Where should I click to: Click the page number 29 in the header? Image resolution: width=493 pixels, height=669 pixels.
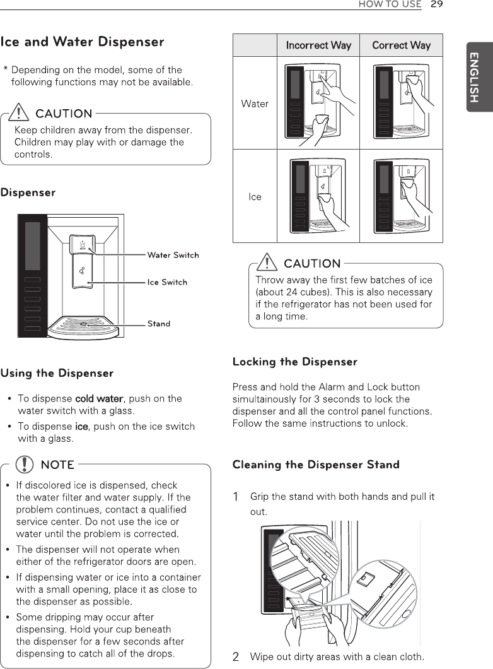pos(436,4)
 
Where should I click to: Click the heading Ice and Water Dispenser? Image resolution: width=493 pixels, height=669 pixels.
pos(83,42)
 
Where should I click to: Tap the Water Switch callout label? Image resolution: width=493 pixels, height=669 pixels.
pos(173,255)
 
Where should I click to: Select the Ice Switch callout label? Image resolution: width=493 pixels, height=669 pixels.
pos(167,282)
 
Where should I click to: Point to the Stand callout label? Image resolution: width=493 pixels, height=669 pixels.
pos(159,324)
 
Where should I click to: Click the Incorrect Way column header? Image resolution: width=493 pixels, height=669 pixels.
pos(318,45)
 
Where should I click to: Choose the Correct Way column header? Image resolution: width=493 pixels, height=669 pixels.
pos(401,45)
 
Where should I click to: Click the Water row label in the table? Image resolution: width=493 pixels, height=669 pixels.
pos(255,104)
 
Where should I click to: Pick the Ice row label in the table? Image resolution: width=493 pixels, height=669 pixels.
pos(255,197)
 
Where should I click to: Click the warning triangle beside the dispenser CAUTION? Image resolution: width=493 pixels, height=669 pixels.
pos(22,113)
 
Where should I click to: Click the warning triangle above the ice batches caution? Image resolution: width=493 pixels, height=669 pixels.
pos(270,263)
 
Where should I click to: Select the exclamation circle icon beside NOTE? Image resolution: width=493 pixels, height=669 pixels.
pos(25,465)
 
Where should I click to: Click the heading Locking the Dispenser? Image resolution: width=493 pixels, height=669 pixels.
pos(294,362)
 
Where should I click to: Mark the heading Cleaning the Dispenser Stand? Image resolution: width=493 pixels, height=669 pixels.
pos(316,465)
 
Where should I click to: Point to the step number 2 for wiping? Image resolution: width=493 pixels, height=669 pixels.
pos(236,657)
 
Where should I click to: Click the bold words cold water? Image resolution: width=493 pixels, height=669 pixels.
pos(98,398)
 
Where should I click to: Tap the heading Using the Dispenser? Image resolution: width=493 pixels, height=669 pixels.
pos(57,373)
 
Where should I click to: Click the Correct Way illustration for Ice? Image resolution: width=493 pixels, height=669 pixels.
pos(402,196)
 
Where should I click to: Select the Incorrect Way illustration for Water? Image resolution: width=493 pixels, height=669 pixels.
pos(318,103)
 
